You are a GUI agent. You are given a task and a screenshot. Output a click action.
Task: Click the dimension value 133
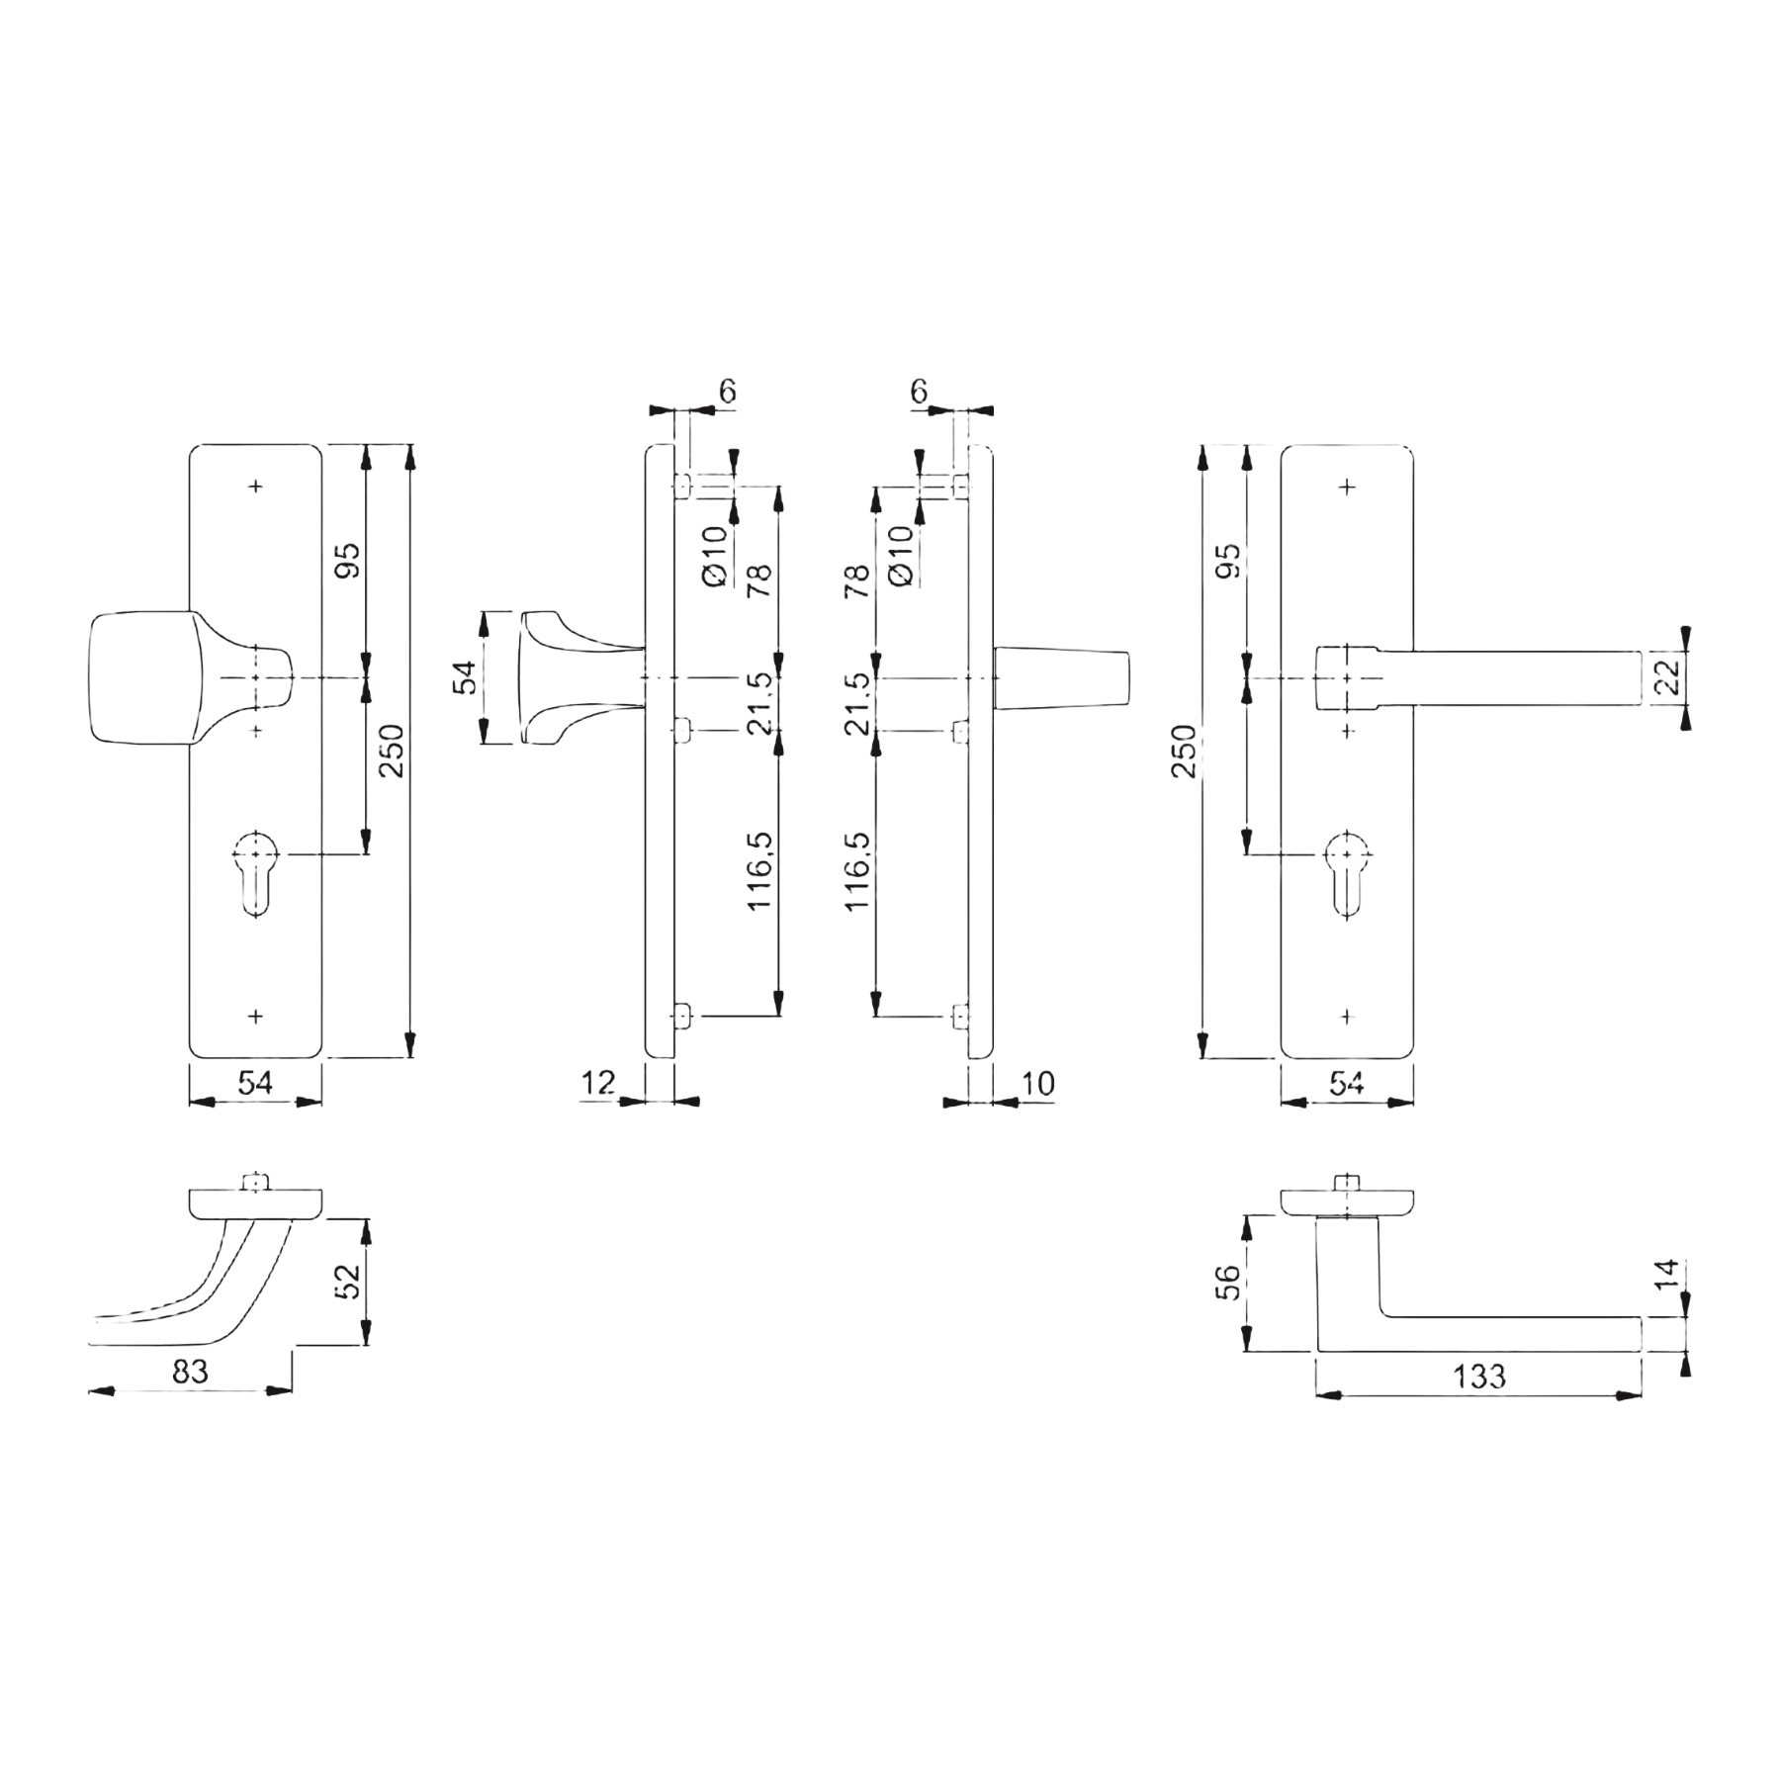click(x=1478, y=1376)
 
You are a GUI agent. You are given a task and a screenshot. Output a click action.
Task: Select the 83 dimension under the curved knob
click(x=190, y=1371)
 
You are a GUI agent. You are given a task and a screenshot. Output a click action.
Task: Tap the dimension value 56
click(x=1227, y=1283)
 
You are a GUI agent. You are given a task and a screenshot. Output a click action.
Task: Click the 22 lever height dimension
click(x=1667, y=677)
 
